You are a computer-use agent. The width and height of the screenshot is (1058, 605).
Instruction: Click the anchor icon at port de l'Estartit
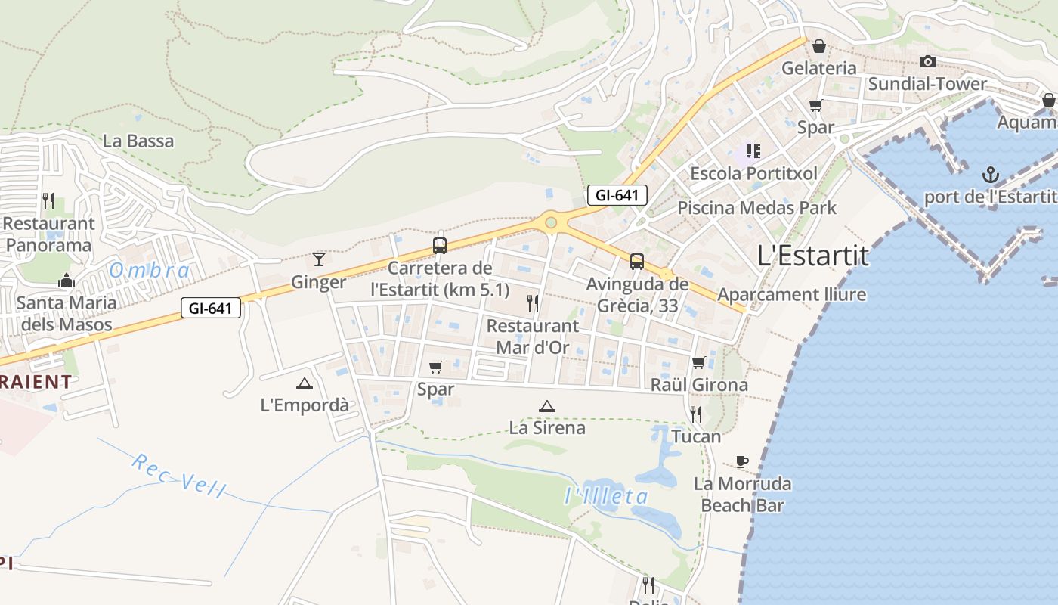[990, 175]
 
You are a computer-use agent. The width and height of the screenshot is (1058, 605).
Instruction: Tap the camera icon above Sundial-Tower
[928, 61]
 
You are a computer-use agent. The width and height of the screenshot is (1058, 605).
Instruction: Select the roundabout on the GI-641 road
[551, 222]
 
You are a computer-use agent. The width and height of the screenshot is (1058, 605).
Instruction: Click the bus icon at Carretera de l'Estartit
[439, 245]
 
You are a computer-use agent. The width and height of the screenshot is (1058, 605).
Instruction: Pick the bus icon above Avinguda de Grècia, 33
[637, 262]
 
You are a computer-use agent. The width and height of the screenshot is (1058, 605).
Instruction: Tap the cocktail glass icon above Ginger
[319, 259]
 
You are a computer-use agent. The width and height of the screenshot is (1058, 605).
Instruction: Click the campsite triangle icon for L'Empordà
[305, 383]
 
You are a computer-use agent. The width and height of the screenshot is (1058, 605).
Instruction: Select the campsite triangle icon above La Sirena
[547, 406]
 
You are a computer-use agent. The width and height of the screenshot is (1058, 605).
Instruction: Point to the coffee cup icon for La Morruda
[742, 461]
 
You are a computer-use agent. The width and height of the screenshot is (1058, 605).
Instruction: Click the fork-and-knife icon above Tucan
[696, 414]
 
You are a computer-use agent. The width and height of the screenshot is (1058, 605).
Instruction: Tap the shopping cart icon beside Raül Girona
[698, 363]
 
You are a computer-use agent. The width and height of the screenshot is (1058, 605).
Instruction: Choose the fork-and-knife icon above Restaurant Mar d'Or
[533, 303]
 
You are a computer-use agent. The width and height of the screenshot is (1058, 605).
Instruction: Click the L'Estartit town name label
[812, 256]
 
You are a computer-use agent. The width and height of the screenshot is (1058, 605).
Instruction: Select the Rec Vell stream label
[178, 476]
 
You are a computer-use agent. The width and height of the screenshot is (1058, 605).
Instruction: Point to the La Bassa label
[138, 141]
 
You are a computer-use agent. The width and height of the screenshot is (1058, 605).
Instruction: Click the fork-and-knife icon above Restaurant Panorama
[48, 200]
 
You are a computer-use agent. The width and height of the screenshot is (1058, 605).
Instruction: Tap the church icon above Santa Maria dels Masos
[67, 281]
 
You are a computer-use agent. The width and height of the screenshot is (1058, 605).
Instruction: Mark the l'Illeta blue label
[607, 496]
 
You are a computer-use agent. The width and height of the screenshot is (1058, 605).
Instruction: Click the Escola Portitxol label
[753, 173]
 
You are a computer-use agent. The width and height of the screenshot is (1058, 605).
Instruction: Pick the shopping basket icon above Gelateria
[818, 46]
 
